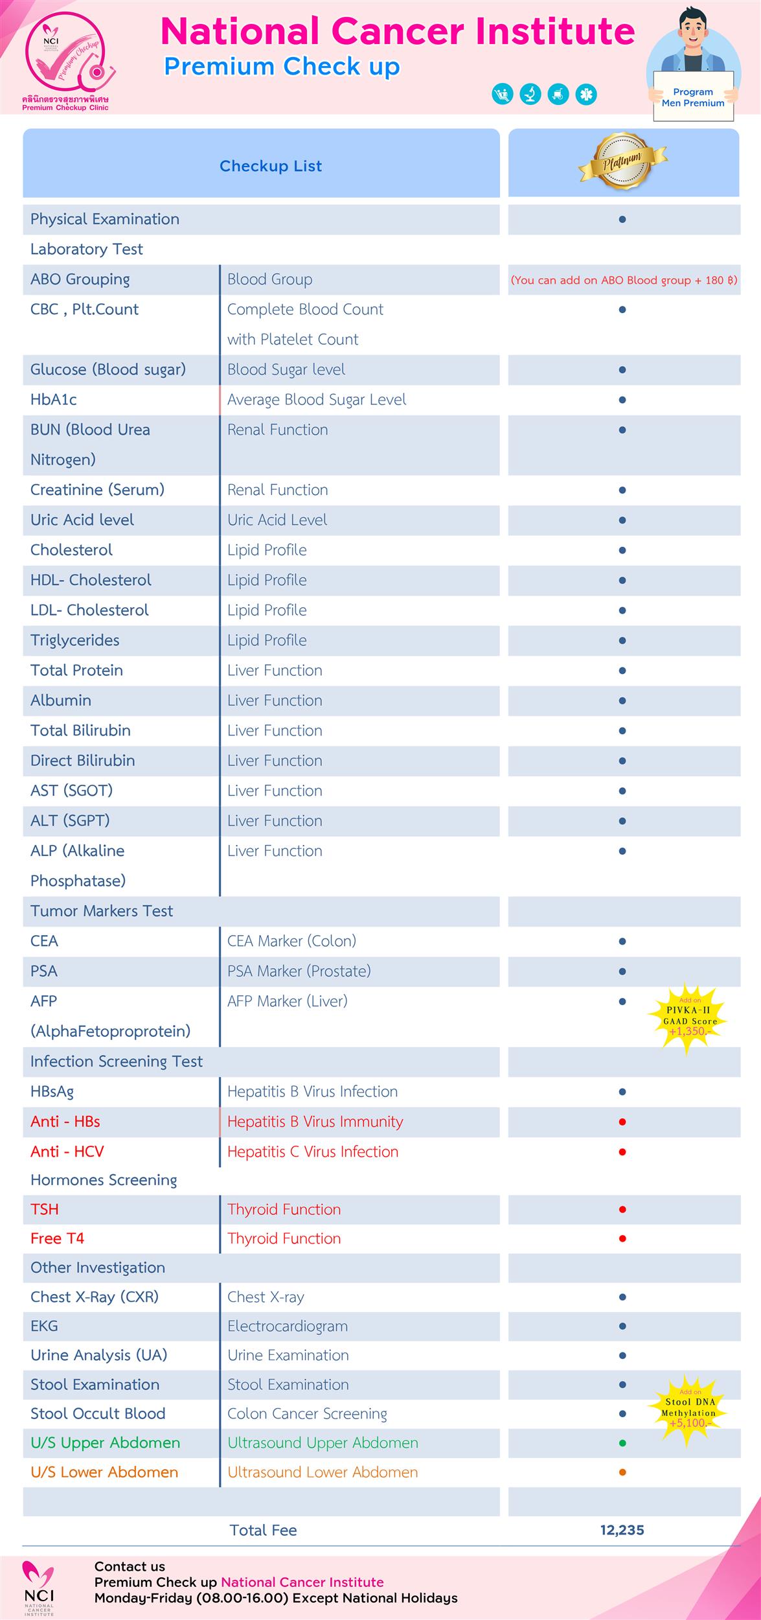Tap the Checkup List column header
click(271, 166)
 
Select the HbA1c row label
click(54, 400)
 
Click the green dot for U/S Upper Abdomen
click(622, 1443)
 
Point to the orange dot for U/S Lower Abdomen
click(622, 1472)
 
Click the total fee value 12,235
click(622, 1530)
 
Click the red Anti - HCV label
click(67, 1151)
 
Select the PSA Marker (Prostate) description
click(299, 971)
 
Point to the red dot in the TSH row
click(622, 1209)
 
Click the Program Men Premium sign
click(693, 97)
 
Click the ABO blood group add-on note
click(624, 280)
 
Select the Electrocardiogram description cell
click(288, 1326)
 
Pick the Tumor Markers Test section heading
click(102, 910)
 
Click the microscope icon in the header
click(530, 95)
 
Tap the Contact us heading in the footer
click(130, 1566)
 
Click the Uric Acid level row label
click(82, 520)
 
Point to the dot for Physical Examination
click(622, 219)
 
